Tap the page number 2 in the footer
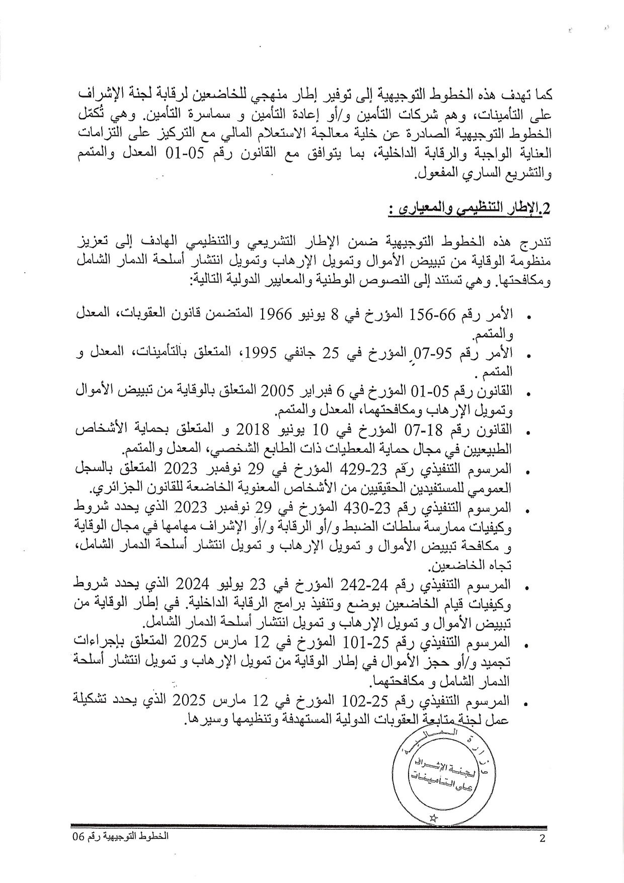tap(542, 839)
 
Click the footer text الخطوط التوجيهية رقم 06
tap(120, 836)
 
